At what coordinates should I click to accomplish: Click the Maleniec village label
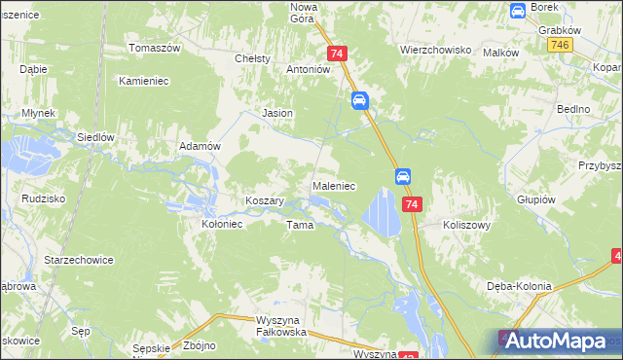coord(333,185)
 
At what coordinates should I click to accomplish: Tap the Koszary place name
coord(264,200)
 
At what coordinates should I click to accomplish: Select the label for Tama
coord(299,225)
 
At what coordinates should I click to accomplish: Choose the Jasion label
coord(277,113)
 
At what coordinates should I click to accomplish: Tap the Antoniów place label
coord(309,70)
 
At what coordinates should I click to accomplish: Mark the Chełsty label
coord(252,58)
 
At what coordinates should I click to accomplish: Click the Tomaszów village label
coord(156,48)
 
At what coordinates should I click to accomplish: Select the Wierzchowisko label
coord(435,49)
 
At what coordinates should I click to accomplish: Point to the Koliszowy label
coord(466,223)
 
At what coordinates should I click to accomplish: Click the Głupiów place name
coord(535,198)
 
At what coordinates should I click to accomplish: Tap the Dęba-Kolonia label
coord(519,286)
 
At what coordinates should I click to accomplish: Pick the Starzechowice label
coord(79,261)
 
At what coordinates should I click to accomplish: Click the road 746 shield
coord(559,46)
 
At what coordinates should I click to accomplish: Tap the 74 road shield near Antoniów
coord(337,54)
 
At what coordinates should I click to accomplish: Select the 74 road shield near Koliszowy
coord(413,204)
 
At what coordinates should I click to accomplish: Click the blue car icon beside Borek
coord(518,11)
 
